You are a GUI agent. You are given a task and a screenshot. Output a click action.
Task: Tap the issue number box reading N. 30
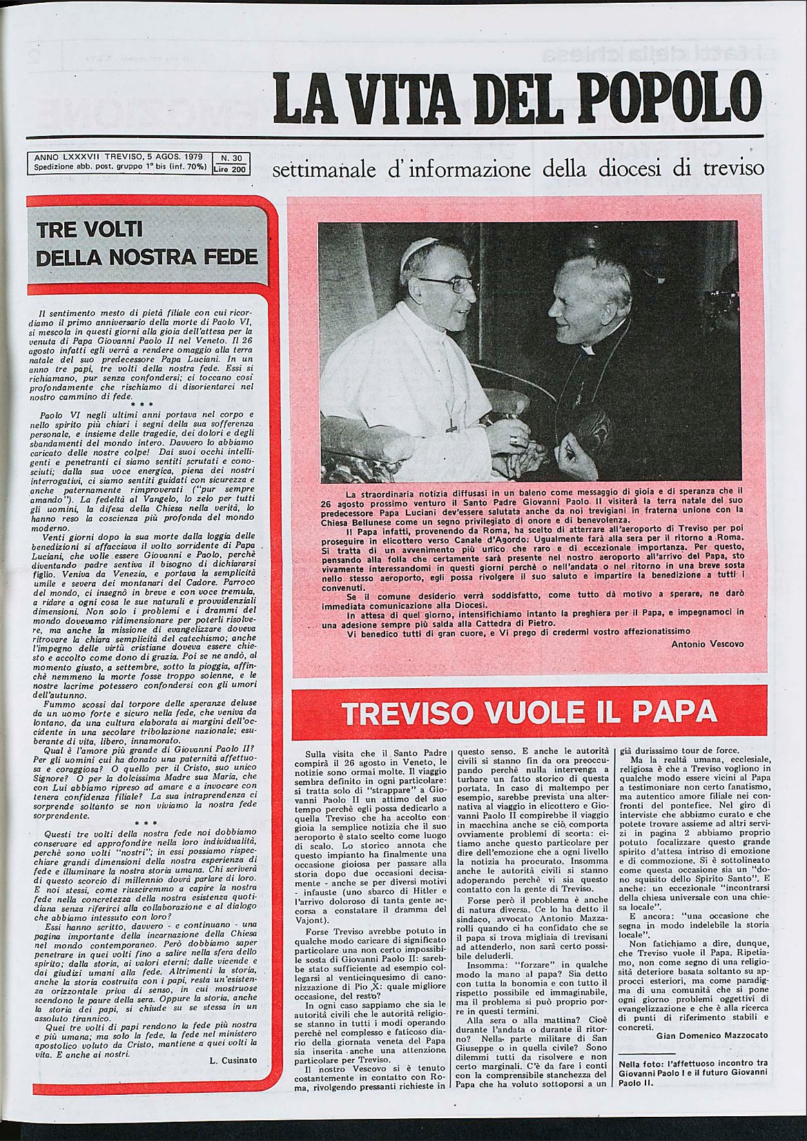click(x=230, y=158)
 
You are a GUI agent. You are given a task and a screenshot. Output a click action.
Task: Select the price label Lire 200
click(x=230, y=168)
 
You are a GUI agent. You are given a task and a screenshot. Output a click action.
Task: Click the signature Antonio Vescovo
click(x=708, y=643)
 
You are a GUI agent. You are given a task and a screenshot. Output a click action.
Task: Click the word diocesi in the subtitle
click(x=648, y=170)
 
